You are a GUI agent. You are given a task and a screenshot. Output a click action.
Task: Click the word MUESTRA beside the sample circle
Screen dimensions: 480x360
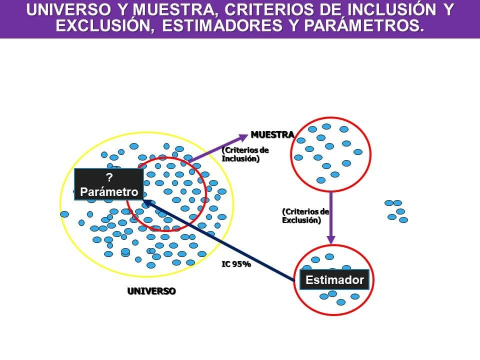pyautogui.click(x=272, y=134)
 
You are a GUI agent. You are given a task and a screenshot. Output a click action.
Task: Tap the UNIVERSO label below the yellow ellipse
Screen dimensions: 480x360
pyautogui.click(x=151, y=291)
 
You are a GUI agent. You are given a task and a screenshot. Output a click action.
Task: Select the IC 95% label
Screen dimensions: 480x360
pyautogui.click(x=236, y=264)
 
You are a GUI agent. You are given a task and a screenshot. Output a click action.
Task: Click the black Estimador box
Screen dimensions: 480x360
pyautogui.click(x=334, y=279)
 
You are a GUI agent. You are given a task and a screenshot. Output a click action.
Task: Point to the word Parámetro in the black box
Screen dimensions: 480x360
pyautogui.click(x=109, y=192)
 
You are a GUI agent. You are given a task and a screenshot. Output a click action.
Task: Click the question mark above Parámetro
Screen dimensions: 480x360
pyautogui.click(x=109, y=177)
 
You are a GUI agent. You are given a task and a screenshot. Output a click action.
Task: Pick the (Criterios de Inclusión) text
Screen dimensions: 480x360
pyautogui.click(x=245, y=154)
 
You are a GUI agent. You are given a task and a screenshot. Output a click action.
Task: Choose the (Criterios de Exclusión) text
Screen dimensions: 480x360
pyautogui.click(x=305, y=216)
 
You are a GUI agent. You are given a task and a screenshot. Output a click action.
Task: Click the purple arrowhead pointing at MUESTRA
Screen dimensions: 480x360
pyautogui.click(x=243, y=137)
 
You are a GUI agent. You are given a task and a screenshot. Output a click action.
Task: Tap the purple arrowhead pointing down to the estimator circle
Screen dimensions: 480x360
pyautogui.click(x=331, y=239)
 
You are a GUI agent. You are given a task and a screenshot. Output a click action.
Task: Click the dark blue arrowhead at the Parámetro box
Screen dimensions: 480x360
pyautogui.click(x=146, y=202)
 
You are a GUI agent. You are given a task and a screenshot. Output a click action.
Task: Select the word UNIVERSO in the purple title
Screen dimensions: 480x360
pyautogui.click(x=68, y=9)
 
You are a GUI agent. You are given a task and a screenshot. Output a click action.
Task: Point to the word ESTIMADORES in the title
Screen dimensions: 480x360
pyautogui.click(x=222, y=25)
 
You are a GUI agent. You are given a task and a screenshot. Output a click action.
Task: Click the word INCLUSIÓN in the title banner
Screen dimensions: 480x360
pyautogui.click(x=392, y=9)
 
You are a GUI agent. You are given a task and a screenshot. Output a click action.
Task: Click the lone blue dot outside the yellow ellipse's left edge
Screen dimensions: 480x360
pyautogui.click(x=64, y=214)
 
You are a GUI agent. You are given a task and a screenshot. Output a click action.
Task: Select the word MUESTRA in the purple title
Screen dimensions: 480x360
pyautogui.click(x=174, y=10)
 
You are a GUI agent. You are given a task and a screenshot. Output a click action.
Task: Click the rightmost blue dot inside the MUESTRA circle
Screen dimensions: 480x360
pyautogui.click(x=358, y=152)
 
